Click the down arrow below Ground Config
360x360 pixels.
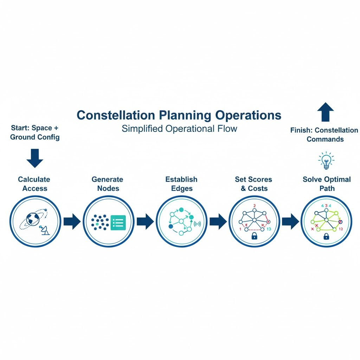[35, 158]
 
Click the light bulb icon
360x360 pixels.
[326, 160]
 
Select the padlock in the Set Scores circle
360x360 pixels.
[254, 236]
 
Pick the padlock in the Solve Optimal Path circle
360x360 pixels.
[326, 236]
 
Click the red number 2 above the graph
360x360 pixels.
[255, 206]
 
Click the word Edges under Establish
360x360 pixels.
[182, 188]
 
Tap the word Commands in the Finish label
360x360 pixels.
[325, 139]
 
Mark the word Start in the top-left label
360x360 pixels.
[20, 128]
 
